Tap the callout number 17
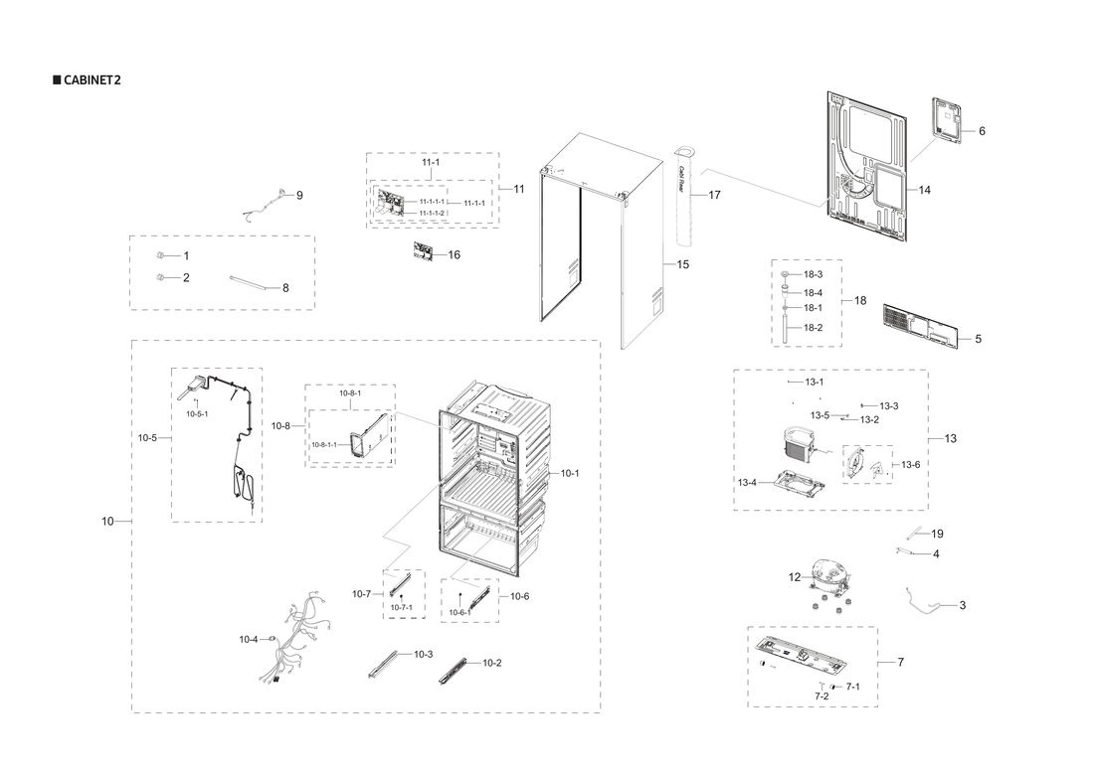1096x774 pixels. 714,196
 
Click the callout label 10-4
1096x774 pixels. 248,640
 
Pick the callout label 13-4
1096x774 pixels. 747,483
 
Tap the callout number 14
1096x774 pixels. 924,190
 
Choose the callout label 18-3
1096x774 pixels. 813,274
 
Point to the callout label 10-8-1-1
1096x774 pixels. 323,445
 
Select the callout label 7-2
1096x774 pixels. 822,697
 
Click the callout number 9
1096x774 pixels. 299,196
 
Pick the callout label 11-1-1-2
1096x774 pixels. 432,214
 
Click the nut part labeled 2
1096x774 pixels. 160,277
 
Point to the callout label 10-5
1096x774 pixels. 147,437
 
